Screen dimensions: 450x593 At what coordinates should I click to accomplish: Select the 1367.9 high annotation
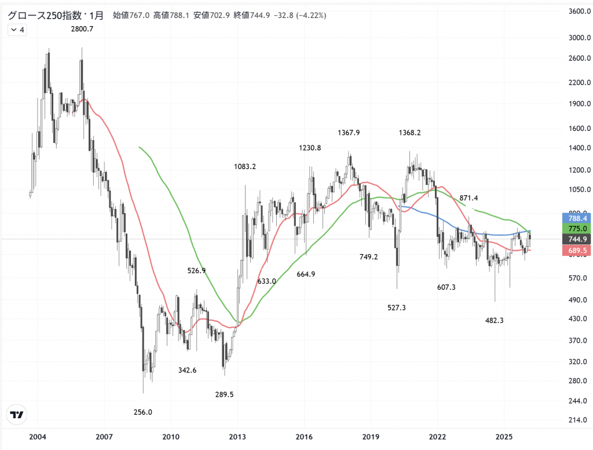349,133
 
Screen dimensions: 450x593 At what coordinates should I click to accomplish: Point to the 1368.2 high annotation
409,133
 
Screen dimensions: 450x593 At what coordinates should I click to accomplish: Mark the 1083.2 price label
245,167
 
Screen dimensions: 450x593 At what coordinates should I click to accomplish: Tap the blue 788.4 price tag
577,219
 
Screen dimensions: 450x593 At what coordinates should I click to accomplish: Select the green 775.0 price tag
577,229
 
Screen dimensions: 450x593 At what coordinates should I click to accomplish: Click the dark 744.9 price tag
577,239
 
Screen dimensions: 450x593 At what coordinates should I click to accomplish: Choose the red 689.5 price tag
577,250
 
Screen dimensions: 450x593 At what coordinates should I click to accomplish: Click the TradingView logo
17,415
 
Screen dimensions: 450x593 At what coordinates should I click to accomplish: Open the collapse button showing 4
17,30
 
